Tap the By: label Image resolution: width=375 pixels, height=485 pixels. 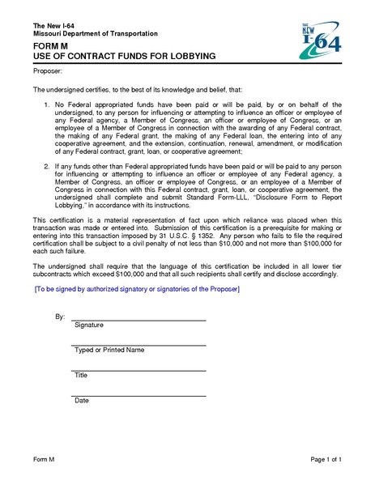(x=60, y=317)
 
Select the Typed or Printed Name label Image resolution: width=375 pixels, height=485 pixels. (x=109, y=350)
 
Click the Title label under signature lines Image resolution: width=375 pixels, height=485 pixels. (x=81, y=376)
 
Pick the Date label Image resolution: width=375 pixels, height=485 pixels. (x=81, y=401)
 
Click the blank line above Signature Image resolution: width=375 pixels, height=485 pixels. (x=138, y=319)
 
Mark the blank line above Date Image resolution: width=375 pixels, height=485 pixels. (x=138, y=395)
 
